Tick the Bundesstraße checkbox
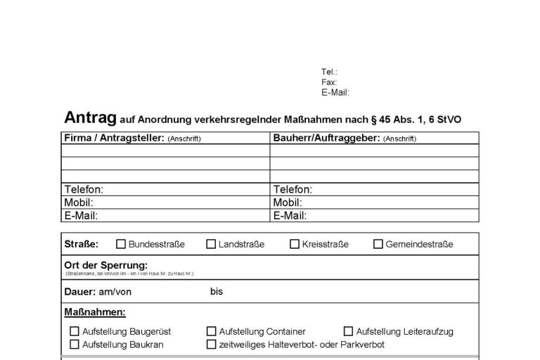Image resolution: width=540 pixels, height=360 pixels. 121,245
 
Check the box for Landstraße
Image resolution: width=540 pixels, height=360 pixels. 211,245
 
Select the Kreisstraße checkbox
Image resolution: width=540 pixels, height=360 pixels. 295,245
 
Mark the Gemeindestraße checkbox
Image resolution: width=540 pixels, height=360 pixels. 378,245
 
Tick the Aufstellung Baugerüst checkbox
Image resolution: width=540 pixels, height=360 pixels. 75,331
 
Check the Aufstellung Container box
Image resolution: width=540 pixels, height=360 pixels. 212,331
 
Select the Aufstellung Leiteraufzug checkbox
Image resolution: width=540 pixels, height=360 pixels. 349,331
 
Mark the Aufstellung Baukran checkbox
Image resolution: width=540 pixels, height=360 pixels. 75,345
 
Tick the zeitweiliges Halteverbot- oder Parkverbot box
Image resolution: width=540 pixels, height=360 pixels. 212,345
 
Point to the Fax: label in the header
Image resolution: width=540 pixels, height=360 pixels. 329,82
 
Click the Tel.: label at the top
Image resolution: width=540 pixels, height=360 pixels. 329,72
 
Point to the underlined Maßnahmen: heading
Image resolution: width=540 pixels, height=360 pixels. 95,311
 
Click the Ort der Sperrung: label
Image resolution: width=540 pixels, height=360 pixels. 105,265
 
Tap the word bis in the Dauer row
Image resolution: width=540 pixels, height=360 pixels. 216,291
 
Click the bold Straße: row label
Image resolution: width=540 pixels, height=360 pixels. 82,245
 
